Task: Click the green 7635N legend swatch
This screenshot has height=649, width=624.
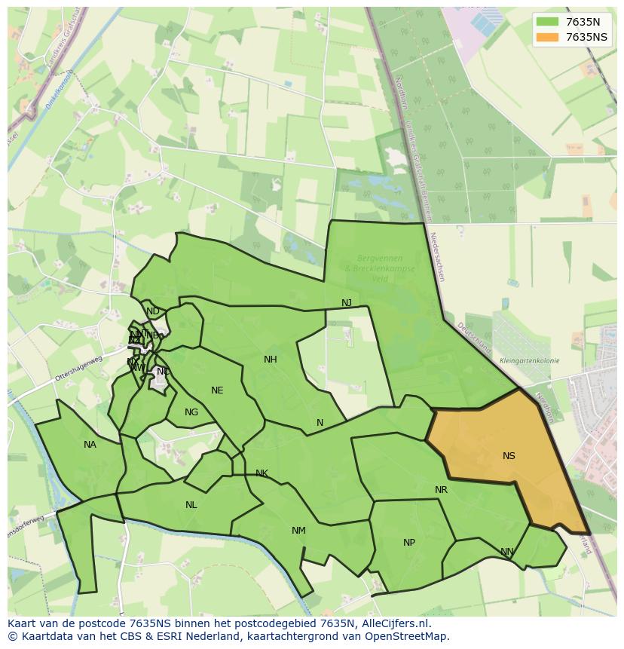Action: coord(548,22)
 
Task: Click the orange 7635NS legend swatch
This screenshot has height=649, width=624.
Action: coord(548,37)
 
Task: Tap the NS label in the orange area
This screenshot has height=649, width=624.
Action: coord(509,456)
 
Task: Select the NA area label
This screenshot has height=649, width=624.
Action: coord(90,445)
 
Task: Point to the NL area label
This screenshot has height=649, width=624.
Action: coord(191,505)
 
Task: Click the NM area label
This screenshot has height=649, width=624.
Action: coord(298,531)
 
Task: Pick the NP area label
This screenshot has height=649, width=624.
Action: coord(409,543)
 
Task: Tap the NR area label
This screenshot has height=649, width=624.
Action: coord(441,490)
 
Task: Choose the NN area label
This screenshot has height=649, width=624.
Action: coord(507,552)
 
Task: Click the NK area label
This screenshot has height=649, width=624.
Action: coord(262,473)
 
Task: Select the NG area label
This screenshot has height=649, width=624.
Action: coord(191,412)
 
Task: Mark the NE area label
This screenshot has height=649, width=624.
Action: coord(217,390)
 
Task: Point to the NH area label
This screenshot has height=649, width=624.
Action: coord(271,360)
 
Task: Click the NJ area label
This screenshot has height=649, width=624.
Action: coord(347,303)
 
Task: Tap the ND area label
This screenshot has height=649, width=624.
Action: coord(153,311)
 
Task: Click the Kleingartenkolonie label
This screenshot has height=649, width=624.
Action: coord(529,361)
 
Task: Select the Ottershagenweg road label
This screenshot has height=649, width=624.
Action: coord(78,367)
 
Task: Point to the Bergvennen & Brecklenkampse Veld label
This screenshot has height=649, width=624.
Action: coord(374,268)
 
